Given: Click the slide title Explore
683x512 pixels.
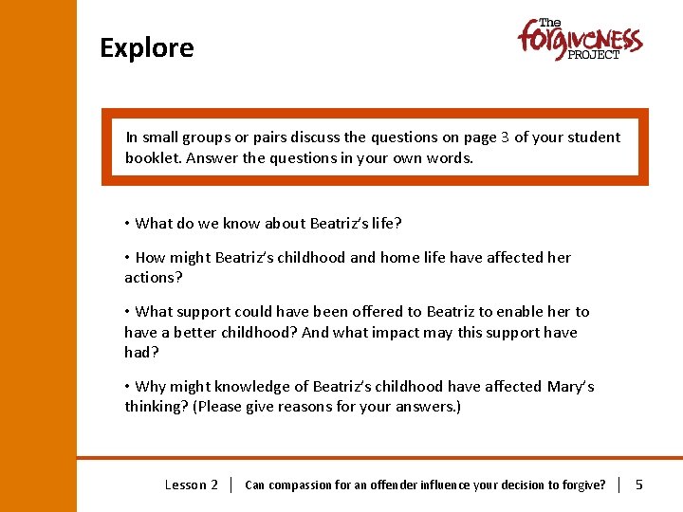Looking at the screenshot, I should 147,48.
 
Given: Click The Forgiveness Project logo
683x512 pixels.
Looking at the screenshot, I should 580,40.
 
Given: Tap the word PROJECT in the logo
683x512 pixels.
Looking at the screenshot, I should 594,55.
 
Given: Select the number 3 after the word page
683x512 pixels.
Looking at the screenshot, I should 506,137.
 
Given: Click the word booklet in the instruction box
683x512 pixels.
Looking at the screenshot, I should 153,158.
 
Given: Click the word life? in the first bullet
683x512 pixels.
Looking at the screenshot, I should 384,224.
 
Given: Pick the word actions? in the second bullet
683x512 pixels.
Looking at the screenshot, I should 153,278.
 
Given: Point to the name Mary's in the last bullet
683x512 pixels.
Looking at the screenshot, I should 570,386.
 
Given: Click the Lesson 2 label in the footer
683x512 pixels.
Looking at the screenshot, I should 192,485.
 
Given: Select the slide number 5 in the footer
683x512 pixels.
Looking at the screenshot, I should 638,485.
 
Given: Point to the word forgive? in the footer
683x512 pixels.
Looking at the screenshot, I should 581,485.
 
